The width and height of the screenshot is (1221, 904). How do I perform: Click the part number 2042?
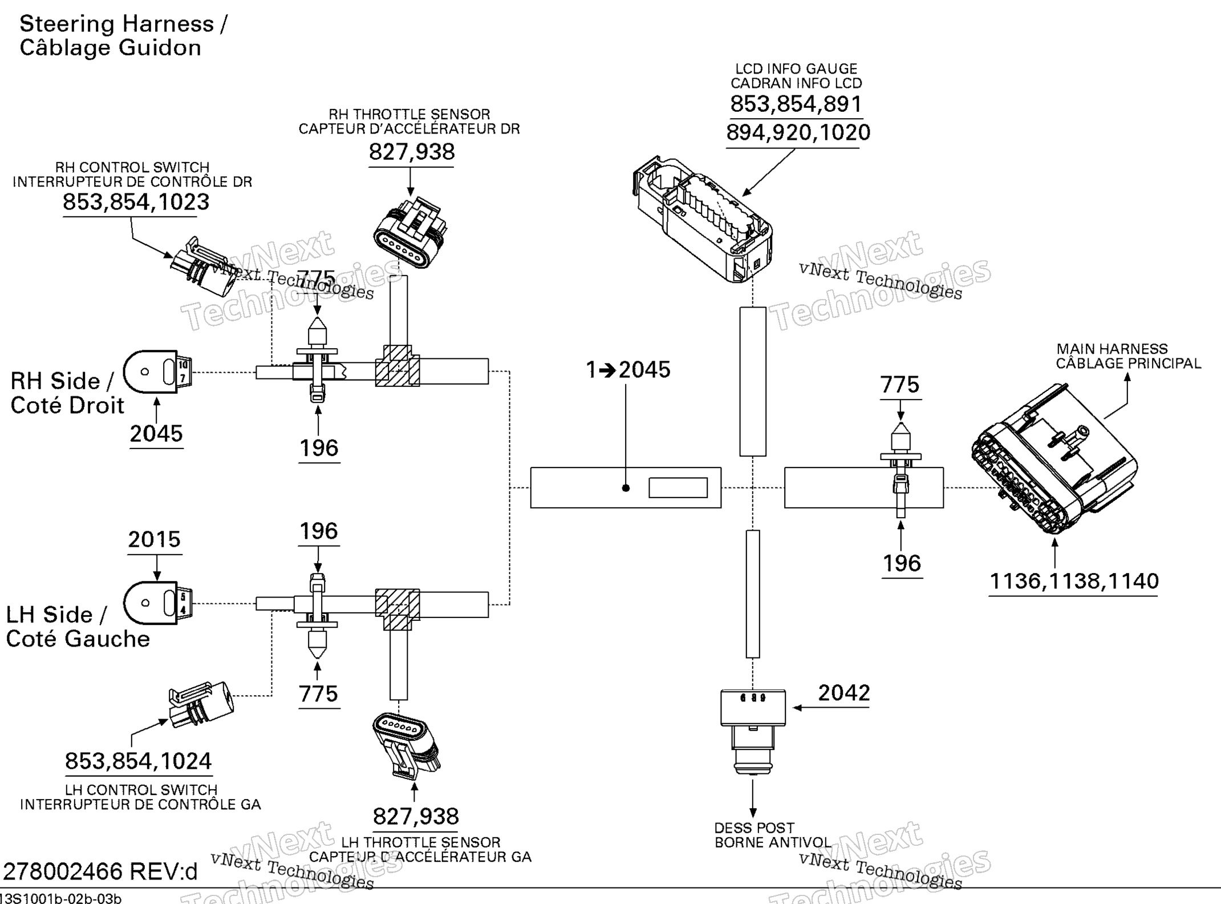843,693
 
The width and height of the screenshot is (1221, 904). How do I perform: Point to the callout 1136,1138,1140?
1073,582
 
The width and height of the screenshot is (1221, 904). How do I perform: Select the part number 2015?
154,539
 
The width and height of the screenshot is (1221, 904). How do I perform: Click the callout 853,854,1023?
136,202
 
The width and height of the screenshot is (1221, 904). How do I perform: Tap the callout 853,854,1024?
138,761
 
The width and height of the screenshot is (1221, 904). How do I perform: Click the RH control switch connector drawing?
202,267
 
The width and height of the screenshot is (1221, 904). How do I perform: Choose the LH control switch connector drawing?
201,703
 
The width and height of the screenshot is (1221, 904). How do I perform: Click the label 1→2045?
628,370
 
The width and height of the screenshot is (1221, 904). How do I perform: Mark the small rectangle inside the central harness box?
678,488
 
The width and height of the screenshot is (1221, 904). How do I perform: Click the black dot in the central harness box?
626,488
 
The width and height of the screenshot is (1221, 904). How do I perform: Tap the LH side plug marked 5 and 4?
158,603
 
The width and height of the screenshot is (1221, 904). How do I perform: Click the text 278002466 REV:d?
100,871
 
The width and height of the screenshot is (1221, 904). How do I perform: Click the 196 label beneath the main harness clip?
902,563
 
